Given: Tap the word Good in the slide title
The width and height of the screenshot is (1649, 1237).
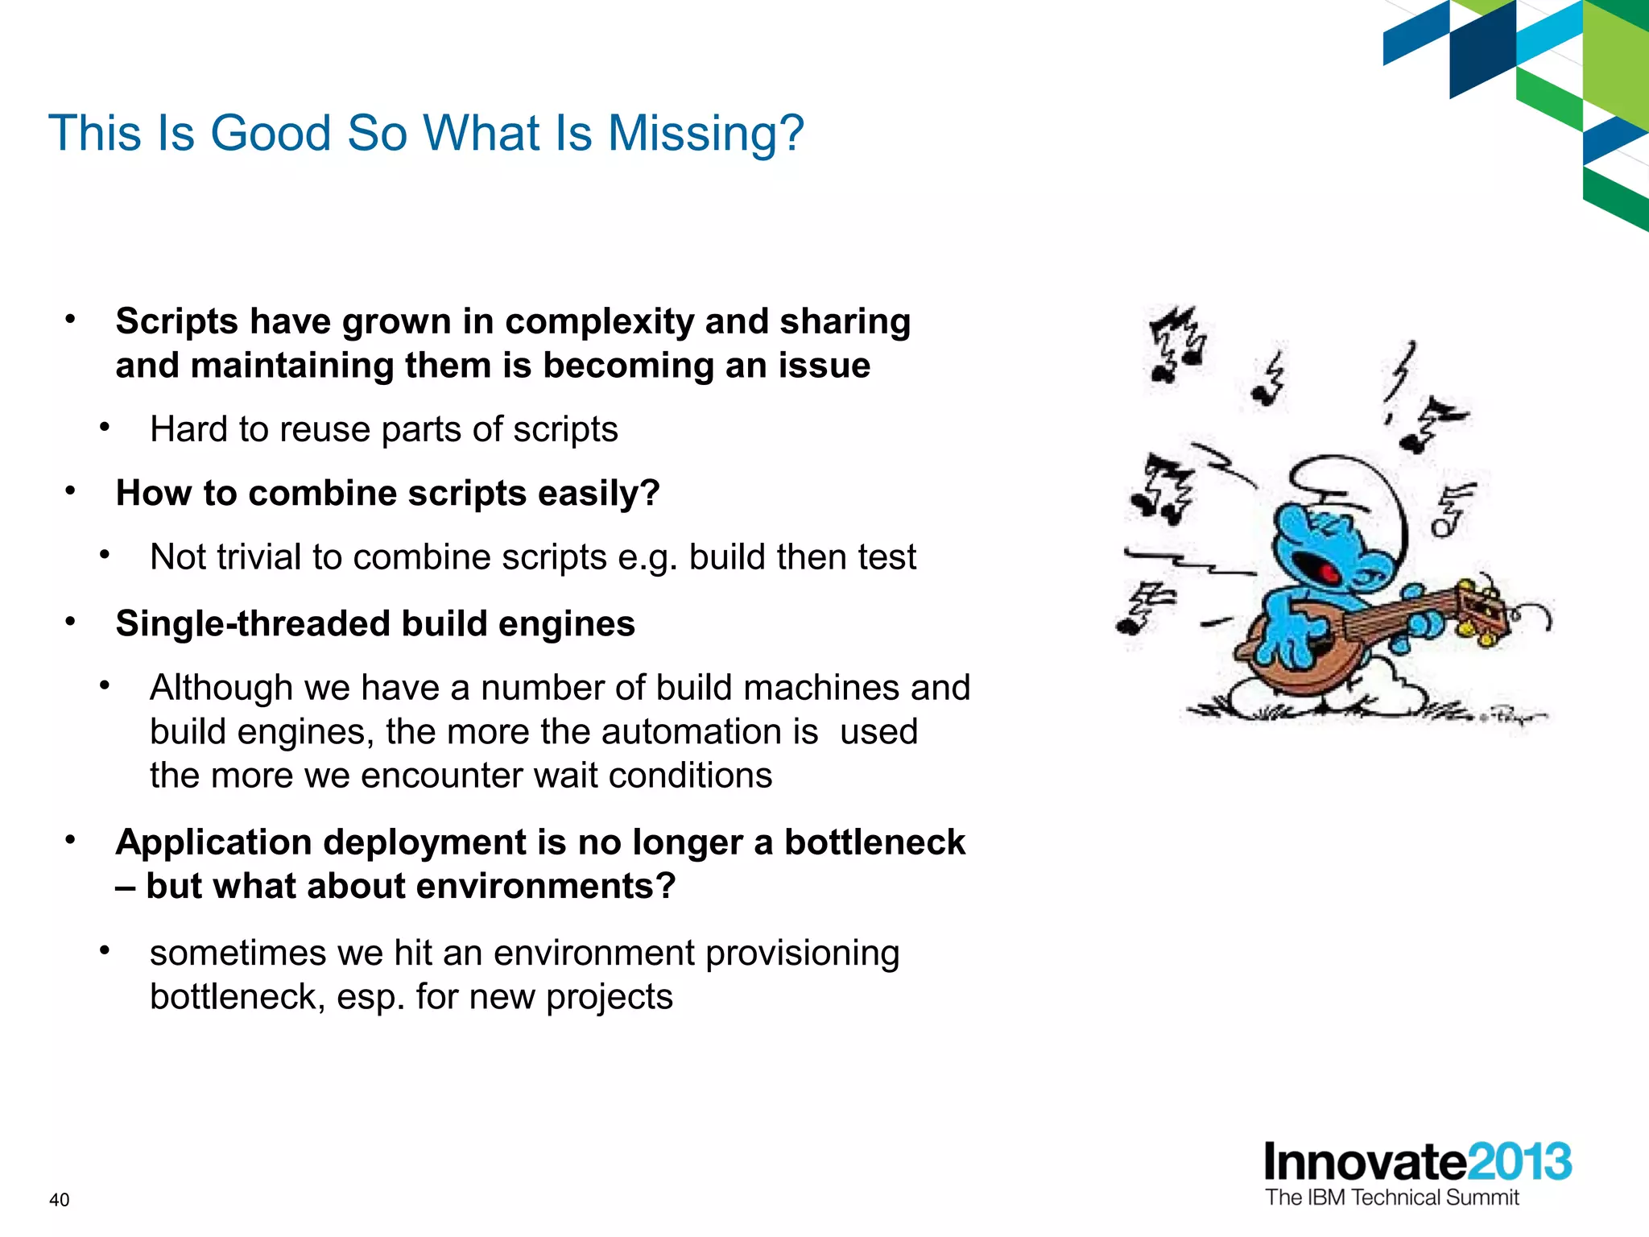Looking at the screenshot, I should (x=271, y=133).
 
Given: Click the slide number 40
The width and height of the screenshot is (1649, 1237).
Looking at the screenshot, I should (x=60, y=1200).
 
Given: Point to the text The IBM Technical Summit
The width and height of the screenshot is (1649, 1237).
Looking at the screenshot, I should (x=1391, y=1198).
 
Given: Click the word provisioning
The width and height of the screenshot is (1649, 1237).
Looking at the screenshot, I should (x=802, y=954).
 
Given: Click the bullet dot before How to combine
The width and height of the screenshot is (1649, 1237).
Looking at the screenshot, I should (x=71, y=490).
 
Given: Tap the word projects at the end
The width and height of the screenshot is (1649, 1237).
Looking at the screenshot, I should (x=610, y=998).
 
